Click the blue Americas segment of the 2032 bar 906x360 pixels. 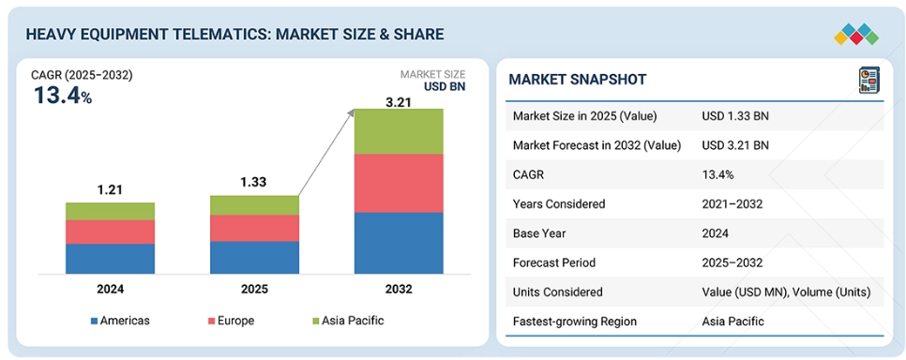[399, 243]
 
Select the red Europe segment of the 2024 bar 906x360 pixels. [110, 232]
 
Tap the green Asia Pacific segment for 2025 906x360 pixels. [254, 205]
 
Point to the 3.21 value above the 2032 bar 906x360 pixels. [398, 100]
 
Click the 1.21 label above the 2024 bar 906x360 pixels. [110, 190]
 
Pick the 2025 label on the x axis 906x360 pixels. [254, 289]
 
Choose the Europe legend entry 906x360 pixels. [231, 321]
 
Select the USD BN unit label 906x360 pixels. [445, 86]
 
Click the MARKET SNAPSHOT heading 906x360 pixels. [577, 80]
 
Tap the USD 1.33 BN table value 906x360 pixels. [735, 116]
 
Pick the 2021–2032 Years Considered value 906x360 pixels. [732, 204]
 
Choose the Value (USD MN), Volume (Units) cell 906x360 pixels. [786, 292]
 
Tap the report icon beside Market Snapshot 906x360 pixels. [868, 81]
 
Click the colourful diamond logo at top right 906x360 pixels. [856, 34]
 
